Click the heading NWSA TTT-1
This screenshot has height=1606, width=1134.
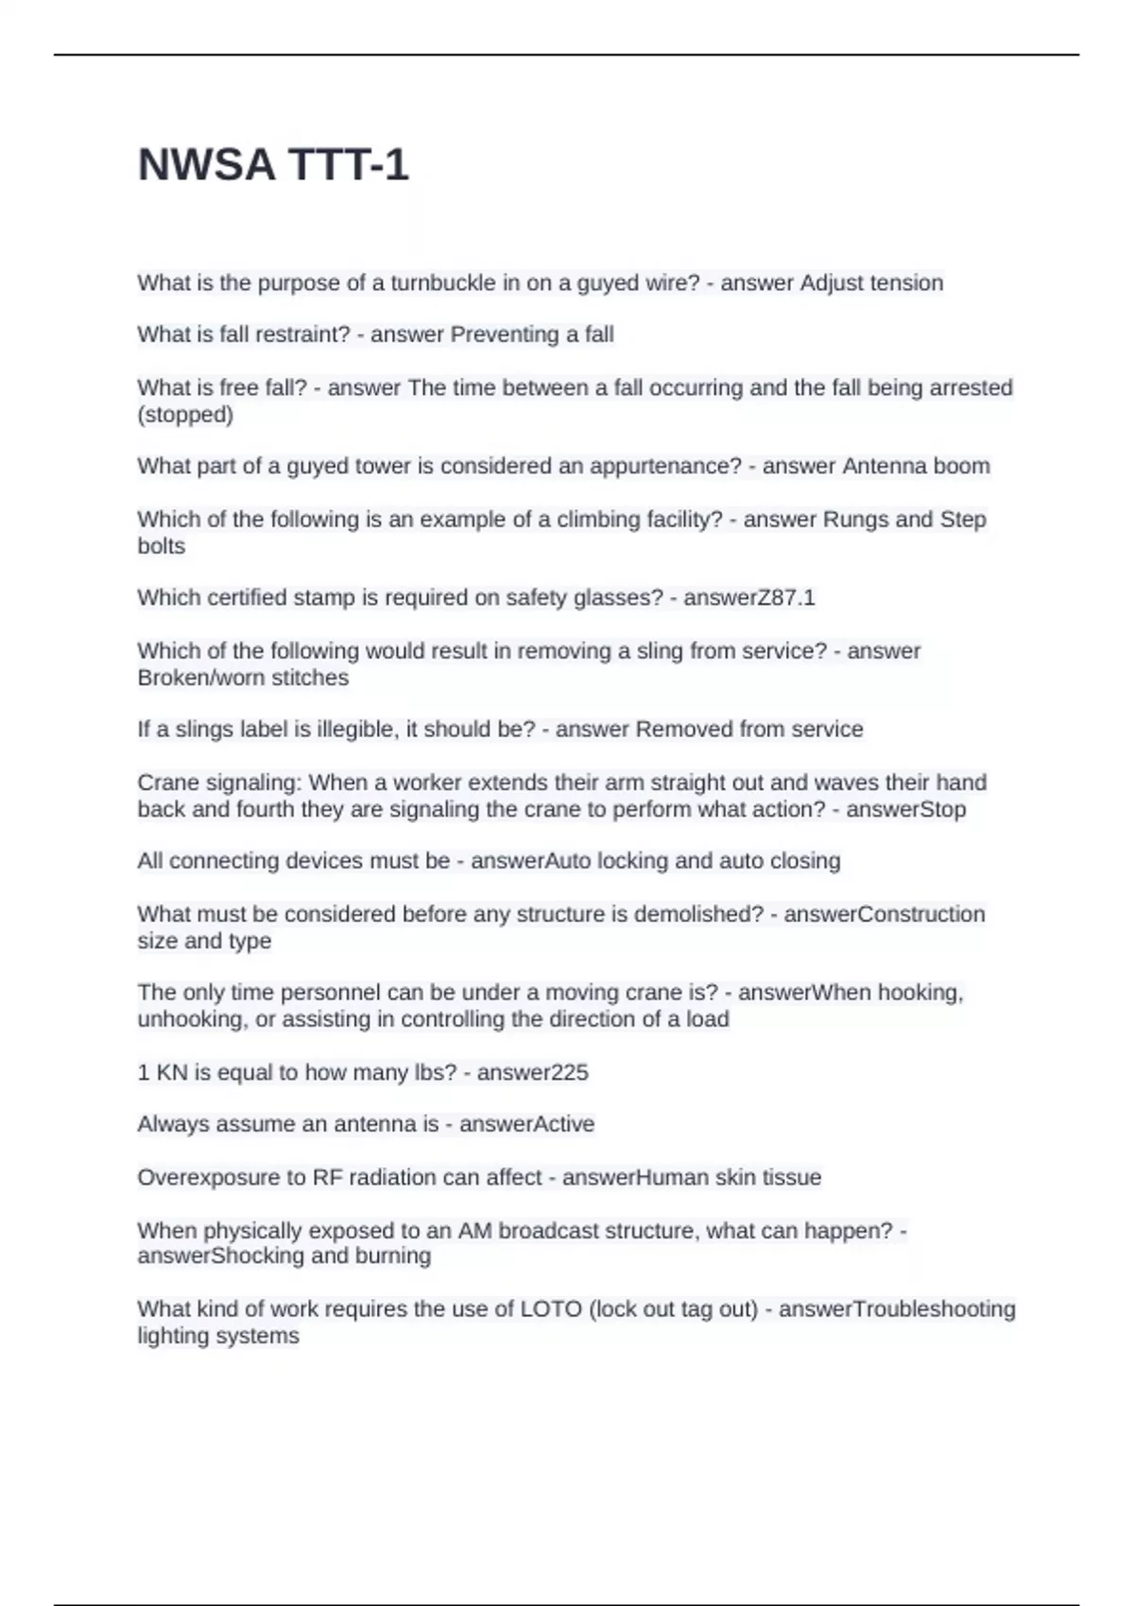(273, 165)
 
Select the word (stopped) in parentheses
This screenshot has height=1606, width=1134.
(185, 415)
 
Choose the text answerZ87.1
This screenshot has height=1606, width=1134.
(748, 598)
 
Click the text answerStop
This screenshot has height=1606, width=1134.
(905, 810)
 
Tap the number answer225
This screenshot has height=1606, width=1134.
(532, 1073)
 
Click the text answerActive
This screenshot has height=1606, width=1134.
(526, 1124)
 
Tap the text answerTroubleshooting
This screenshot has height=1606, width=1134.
(897, 1309)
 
